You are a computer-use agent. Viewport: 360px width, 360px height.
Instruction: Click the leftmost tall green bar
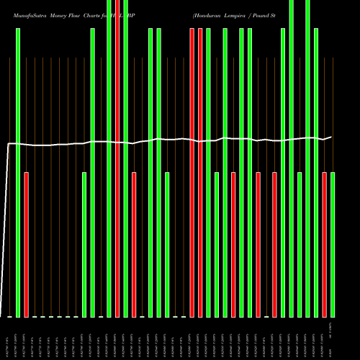pyautogui.click(x=18, y=173)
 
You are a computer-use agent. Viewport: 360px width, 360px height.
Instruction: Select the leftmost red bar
pyautogui.click(x=27, y=244)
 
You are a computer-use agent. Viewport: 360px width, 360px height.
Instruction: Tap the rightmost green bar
pyautogui.click(x=333, y=244)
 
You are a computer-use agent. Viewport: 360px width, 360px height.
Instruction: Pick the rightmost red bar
pyautogui.click(x=325, y=244)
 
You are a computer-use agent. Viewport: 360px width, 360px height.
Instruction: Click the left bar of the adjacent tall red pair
pyautogui.click(x=192, y=173)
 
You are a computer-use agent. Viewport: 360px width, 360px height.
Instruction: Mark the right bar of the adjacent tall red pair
pyautogui.click(x=200, y=173)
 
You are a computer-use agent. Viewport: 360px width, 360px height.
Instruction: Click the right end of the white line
pyautogui.click(x=331, y=137)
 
